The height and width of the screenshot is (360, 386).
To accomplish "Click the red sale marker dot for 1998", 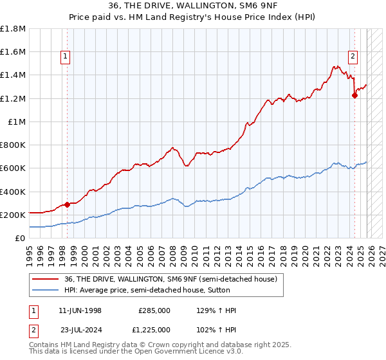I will (x=67, y=204).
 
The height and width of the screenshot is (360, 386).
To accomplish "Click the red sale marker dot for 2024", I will (x=354, y=95).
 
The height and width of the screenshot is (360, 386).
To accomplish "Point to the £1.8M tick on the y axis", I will (x=14, y=29).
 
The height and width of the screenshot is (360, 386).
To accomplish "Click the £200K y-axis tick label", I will (x=14, y=215).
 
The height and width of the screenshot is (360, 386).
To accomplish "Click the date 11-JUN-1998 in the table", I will (x=80, y=310).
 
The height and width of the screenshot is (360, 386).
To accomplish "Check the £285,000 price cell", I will (x=154, y=310).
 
